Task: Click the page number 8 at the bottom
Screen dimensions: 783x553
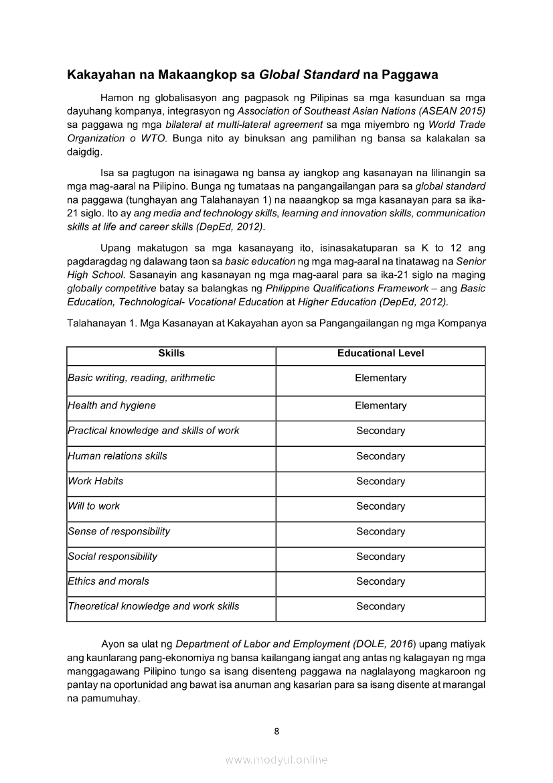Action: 276,731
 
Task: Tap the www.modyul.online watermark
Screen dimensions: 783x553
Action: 276,760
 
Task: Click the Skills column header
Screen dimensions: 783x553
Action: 171,353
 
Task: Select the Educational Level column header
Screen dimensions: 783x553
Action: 380,353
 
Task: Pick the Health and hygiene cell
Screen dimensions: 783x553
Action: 112,405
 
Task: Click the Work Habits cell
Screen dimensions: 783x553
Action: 96,481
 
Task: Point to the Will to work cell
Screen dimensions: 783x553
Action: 94,506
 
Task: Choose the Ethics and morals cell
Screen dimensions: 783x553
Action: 108,581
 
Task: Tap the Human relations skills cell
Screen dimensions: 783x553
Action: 118,455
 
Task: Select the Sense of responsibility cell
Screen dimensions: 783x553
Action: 119,531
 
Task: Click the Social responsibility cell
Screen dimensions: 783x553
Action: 113,556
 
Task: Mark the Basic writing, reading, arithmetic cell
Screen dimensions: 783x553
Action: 142,378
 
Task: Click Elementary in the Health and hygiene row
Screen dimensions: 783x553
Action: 380,406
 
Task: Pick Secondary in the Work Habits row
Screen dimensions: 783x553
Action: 380,482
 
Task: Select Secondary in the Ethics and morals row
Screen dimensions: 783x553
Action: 380,581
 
